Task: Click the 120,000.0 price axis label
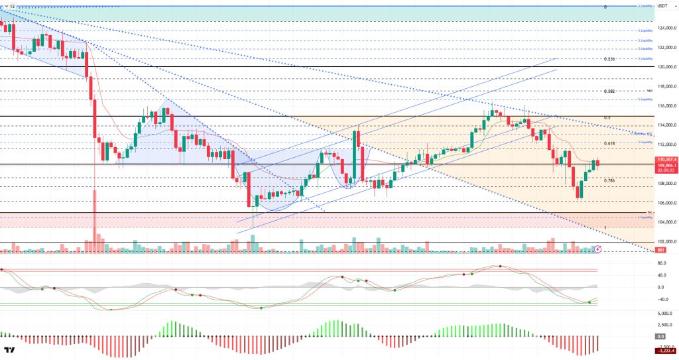666,67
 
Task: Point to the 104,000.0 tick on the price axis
666,223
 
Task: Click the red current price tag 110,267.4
666,160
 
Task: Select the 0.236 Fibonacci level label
610,59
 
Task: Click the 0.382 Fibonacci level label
610,91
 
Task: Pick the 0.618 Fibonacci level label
610,144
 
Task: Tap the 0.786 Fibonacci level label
610,180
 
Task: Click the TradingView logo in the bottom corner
10,351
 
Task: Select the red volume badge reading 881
660,250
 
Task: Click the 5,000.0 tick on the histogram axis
665,313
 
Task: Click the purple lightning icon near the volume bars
597,249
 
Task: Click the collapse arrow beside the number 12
5,6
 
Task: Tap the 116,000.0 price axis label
666,106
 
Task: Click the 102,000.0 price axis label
666,242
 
